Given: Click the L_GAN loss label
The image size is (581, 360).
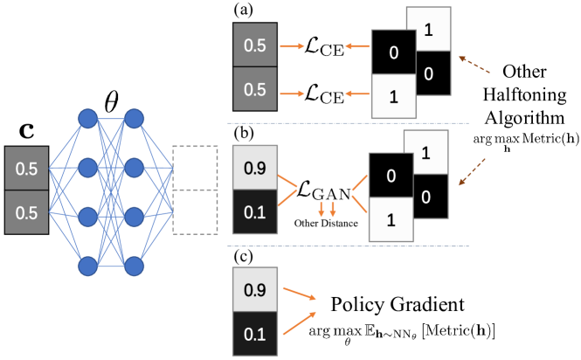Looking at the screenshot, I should coord(323,189).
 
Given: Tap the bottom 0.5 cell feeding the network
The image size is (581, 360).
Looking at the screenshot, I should coord(27,212).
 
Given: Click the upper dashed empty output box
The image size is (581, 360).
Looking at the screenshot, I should coord(194,169).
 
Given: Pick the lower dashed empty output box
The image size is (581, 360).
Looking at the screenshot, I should coord(194,212).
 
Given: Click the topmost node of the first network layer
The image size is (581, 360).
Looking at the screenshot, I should coord(87,118).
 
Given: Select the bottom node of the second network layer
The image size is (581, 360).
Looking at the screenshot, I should coord(134,265).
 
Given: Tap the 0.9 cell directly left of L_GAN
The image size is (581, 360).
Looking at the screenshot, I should coord(254,167).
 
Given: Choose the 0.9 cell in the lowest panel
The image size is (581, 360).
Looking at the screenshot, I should coord(254,289).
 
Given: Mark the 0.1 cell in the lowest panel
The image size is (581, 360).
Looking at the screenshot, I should coord(254,334).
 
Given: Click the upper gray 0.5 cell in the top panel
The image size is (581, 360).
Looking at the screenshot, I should coord(254,45).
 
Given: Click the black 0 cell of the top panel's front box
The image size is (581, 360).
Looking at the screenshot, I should coord(393,52).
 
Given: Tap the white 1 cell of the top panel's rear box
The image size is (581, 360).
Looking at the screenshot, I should coord(428,29).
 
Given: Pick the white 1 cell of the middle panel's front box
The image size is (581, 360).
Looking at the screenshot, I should coord(391,220).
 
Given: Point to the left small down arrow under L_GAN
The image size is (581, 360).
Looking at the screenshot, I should coord(322,211).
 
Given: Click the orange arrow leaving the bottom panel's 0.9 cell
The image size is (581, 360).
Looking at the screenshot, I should coord(299,294).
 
